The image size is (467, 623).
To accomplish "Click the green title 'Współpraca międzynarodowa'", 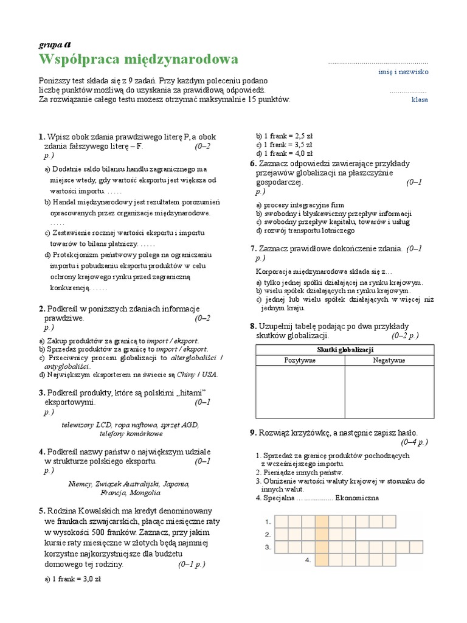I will pyautogui.click(x=139, y=59).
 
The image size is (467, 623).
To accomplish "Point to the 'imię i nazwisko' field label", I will pyautogui.click(x=403, y=72).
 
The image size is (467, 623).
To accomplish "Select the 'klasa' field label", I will pyautogui.click(x=419, y=100).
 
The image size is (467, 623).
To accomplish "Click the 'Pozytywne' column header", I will pyautogui.click(x=300, y=360).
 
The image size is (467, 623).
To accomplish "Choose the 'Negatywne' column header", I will pyautogui.click(x=389, y=360).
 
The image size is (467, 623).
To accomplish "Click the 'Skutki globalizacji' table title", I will pyautogui.click(x=345, y=349).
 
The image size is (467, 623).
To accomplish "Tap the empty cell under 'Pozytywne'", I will pyautogui.click(x=300, y=392).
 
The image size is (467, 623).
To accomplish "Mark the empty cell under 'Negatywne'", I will pyautogui.click(x=390, y=392).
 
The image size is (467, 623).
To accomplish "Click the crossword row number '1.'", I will pyautogui.click(x=268, y=522).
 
